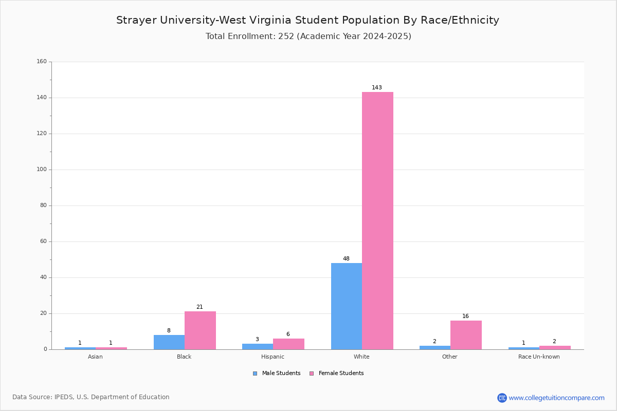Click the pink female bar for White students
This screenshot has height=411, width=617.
click(x=377, y=221)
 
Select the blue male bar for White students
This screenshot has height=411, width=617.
click(x=347, y=306)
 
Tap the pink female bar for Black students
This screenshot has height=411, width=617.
click(x=200, y=331)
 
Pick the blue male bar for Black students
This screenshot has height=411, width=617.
click(x=169, y=343)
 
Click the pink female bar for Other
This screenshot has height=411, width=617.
click(x=466, y=335)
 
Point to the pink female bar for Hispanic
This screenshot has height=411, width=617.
click(x=288, y=344)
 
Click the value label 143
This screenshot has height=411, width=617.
click(x=377, y=87)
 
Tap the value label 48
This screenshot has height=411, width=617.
click(x=346, y=258)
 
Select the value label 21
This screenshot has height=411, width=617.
click(x=199, y=307)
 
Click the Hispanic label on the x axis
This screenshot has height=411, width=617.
click(x=273, y=357)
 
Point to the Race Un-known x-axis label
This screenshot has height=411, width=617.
click(x=539, y=357)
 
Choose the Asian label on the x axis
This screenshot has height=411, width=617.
click(x=95, y=357)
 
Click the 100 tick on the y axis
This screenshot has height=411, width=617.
click(x=42, y=170)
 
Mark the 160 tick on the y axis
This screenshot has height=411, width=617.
click(x=42, y=61)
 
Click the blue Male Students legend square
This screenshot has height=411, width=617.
click(x=255, y=373)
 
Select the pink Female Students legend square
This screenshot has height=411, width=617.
click(x=312, y=373)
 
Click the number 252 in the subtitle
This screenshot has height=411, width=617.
click(x=286, y=36)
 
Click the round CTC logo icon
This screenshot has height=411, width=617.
click(x=502, y=398)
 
